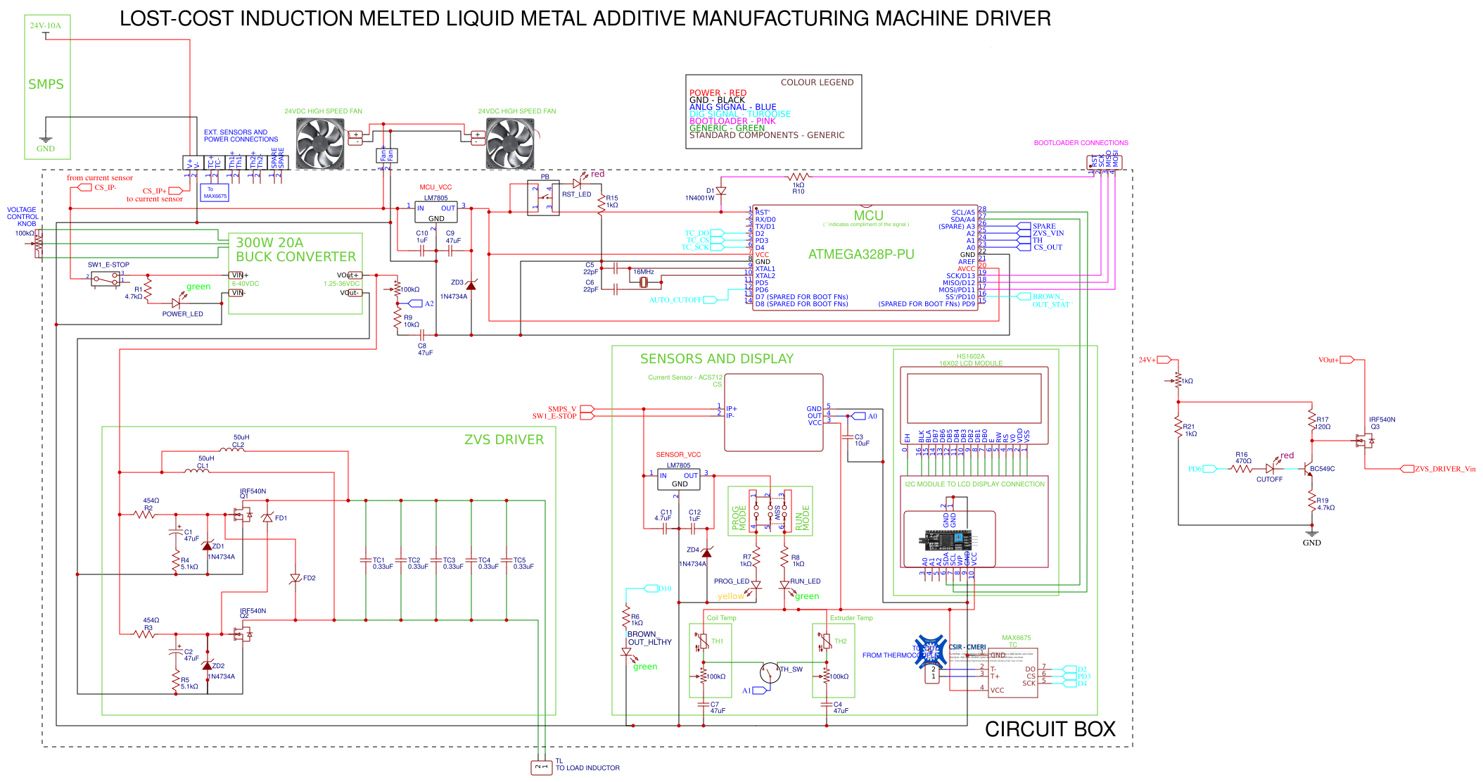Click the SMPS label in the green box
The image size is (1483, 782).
click(46, 84)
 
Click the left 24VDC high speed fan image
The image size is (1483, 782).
click(320, 144)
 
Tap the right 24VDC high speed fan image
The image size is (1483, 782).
click(510, 144)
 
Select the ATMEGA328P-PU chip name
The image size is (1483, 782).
click(861, 255)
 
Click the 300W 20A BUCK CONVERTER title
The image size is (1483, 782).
click(295, 250)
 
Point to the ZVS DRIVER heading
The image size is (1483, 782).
click(504, 440)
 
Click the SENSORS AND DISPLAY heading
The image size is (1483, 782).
click(716, 359)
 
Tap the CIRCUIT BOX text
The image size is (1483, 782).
click(1050, 730)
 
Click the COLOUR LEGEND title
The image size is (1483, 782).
click(817, 82)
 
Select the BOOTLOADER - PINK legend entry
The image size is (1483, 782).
click(732, 121)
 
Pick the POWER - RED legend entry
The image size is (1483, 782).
click(718, 93)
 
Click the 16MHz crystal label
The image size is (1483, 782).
click(644, 272)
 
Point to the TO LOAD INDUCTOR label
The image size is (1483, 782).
click(587, 768)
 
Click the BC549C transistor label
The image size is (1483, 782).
click(1322, 469)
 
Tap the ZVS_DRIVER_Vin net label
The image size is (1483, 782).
click(1445, 469)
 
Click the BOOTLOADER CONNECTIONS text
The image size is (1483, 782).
click(1081, 143)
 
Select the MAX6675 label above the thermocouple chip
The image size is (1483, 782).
click(1016, 638)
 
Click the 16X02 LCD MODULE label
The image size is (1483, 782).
click(970, 363)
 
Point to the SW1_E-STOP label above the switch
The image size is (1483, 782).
click(108, 265)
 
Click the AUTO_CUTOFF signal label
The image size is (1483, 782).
click(675, 300)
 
